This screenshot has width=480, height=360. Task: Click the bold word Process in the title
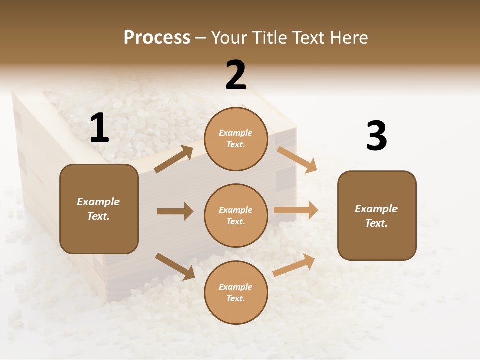[157, 37]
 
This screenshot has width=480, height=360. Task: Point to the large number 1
[99, 128]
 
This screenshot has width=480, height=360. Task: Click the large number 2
[236, 75]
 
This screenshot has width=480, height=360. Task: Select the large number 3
[376, 136]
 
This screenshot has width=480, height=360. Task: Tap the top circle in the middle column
[236, 139]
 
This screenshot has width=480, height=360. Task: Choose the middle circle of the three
[236, 215]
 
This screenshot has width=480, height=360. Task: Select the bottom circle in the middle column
[236, 292]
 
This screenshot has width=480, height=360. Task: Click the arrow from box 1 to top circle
[174, 159]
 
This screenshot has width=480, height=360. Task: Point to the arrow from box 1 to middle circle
[175, 211]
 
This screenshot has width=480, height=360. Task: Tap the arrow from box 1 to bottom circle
[175, 266]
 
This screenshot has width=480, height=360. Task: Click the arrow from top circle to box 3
[297, 159]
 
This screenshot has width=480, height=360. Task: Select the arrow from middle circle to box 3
[296, 210]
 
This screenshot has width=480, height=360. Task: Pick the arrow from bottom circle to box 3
[294, 265]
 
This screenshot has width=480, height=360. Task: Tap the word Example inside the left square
[98, 202]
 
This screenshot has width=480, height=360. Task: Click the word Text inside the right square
[375, 223]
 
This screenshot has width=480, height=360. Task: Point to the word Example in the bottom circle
[235, 287]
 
